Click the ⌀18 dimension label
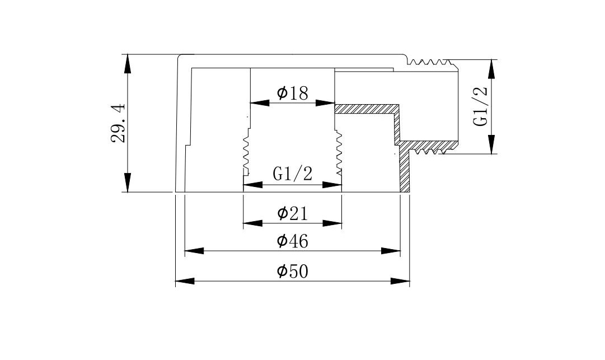click(x=293, y=93)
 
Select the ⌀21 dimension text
click(x=293, y=213)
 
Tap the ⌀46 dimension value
click(x=293, y=241)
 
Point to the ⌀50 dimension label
click(x=293, y=272)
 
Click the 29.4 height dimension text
click(x=119, y=123)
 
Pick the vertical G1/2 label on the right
click(x=481, y=106)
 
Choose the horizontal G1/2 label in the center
click(x=292, y=174)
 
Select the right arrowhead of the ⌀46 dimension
click(x=392, y=251)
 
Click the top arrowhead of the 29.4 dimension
click(x=128, y=63)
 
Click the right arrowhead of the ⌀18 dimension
click(x=326, y=103)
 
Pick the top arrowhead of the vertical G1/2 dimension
click(x=492, y=68)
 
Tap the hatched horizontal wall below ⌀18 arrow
click(x=367, y=108)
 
